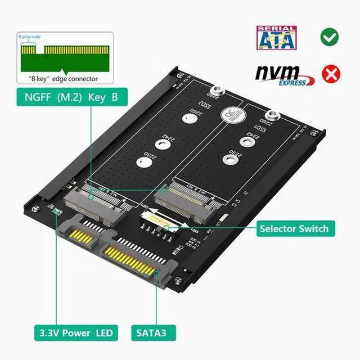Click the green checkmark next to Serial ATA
(329, 38)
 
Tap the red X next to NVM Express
(330, 74)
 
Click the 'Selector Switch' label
(293, 228)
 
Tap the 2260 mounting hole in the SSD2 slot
(187, 119)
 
